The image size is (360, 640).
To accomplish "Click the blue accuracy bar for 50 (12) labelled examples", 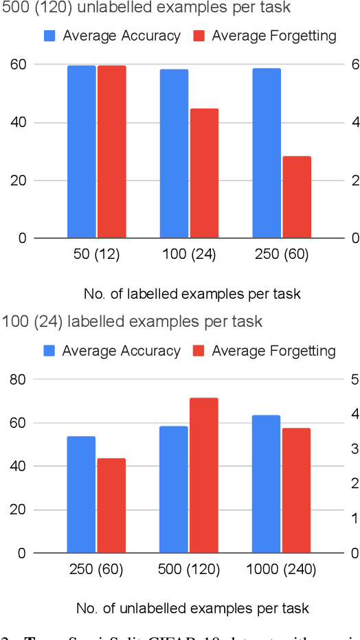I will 81,152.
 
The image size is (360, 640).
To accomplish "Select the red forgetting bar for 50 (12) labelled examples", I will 111,152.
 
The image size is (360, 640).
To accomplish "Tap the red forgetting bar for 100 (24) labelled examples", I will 204,173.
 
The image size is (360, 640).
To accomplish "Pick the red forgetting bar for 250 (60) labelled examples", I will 297,197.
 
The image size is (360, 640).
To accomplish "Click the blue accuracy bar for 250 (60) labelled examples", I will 267,153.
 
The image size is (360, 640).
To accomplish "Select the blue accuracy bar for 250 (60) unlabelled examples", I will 81,494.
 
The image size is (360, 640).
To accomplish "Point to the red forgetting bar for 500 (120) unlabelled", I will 204,475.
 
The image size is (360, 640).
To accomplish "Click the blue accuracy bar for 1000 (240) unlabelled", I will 267,484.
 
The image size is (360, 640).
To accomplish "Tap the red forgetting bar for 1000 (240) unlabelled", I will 297,490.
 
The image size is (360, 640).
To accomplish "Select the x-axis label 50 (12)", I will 96,255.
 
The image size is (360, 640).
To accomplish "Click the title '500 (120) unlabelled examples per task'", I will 146,8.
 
